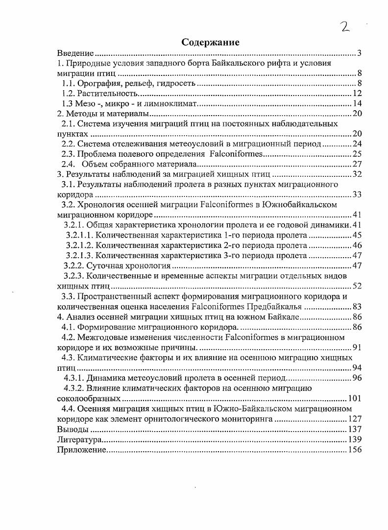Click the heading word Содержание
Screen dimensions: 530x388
[210, 42]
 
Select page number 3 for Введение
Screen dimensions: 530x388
[359, 53]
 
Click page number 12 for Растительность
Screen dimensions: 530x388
[357, 94]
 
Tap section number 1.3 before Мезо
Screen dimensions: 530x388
[68, 104]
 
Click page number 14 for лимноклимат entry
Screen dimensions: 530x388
[357, 104]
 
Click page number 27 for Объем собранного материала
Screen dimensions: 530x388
[357, 164]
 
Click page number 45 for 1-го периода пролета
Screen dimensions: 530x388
[357, 235]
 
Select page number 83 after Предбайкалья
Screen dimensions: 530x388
[357, 307]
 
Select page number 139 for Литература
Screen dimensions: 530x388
[355, 439]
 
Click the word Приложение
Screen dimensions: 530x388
[81, 450]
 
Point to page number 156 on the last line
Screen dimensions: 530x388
[355, 450]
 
